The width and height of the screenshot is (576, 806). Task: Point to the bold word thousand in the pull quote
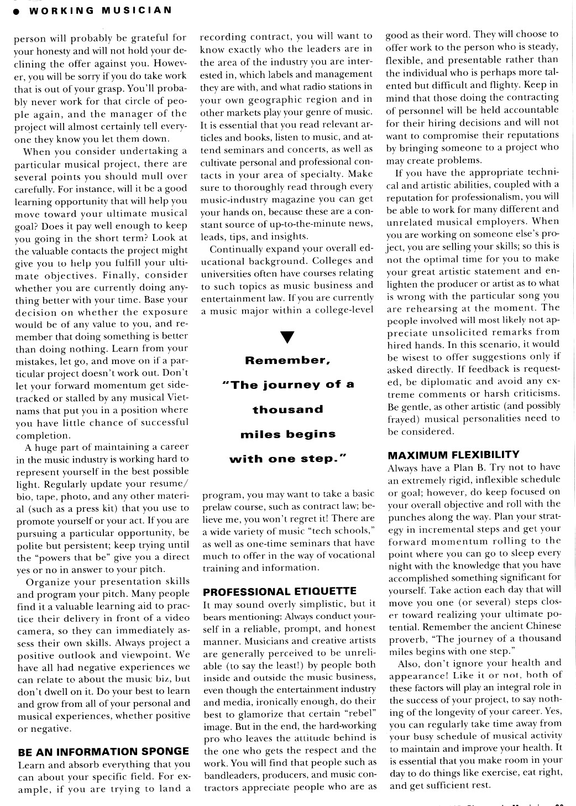pos(287,409)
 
